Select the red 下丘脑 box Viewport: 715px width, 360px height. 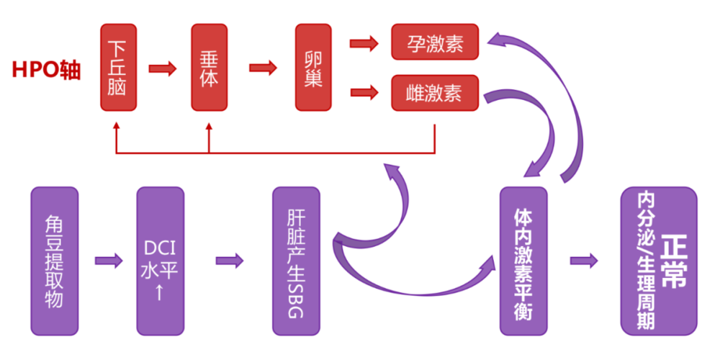(118, 68)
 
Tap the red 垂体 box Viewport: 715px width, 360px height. (209, 68)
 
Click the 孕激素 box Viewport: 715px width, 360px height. (435, 42)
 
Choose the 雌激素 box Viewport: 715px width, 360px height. (435, 93)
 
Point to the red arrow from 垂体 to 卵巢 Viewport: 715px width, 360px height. (264, 68)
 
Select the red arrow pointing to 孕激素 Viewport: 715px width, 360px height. (364, 43)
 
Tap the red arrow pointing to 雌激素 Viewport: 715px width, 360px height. (364, 91)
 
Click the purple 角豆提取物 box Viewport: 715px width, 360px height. (54, 261)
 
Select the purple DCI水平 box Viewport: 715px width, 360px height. (160, 261)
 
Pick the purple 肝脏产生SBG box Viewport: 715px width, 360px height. (296, 261)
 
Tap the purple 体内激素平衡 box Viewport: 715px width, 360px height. (523, 261)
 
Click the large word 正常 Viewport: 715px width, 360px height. (675, 261)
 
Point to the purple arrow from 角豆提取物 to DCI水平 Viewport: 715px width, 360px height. (109, 260)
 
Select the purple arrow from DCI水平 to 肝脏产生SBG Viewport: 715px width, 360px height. (230, 260)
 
